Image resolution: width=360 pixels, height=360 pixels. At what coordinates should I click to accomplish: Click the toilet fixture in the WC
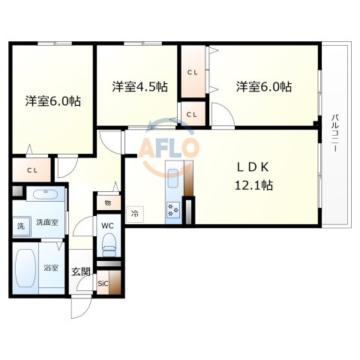(x=109, y=241)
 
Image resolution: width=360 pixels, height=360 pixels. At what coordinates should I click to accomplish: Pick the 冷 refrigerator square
(x=135, y=213)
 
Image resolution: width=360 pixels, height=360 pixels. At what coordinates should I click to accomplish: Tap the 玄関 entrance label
(x=80, y=272)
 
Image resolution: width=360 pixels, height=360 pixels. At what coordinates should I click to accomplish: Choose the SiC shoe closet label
(x=103, y=283)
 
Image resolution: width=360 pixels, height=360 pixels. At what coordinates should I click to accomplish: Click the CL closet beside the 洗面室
(x=31, y=169)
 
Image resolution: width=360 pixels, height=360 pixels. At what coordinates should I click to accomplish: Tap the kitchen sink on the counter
(x=173, y=181)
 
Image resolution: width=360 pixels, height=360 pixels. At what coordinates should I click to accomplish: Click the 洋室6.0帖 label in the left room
(x=52, y=100)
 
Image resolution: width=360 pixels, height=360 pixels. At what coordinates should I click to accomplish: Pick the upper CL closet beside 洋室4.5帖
(x=193, y=73)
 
